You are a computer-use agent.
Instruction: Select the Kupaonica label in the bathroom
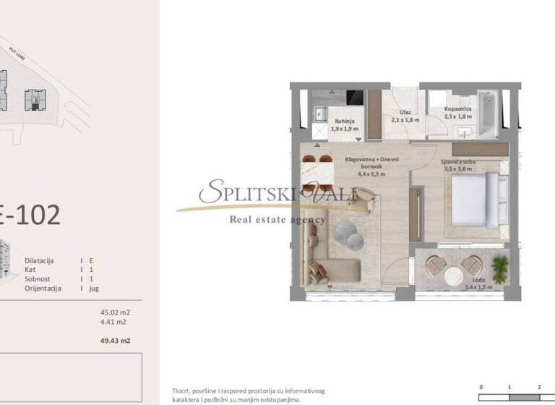(458, 108)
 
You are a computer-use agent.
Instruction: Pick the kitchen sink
(319, 113)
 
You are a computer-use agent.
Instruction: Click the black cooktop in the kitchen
(354, 97)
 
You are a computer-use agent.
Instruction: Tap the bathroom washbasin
(465, 130)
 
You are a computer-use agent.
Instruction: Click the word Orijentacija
(43, 288)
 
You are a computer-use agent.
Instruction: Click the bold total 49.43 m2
(115, 340)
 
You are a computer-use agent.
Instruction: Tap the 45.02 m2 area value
(115, 313)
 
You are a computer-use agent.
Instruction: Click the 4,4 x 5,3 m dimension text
(371, 174)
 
